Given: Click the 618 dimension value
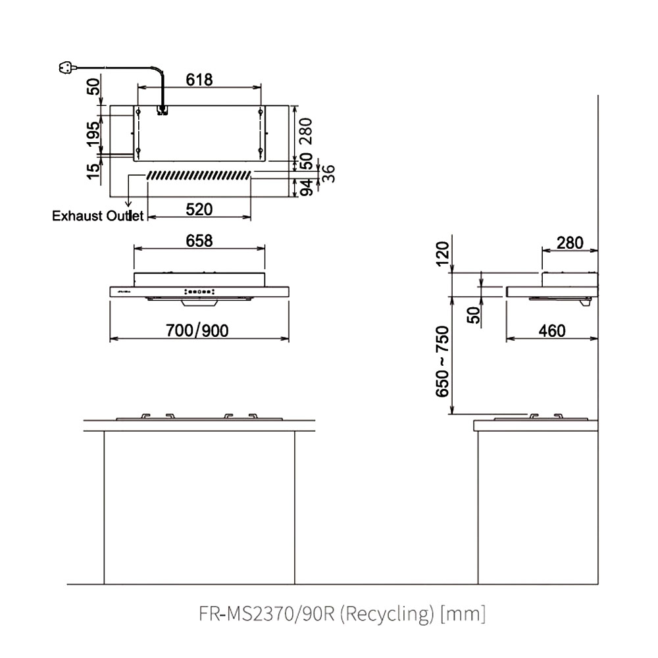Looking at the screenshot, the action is pos(199,80).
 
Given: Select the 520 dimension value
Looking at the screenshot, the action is pos(199,209).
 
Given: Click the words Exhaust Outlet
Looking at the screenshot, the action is pos(98,216).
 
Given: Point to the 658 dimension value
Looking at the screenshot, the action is pos(199,241).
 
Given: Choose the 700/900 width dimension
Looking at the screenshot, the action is pos(197,331).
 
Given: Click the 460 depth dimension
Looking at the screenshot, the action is pos(552,331).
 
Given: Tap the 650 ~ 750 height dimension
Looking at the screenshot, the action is pos(442,362).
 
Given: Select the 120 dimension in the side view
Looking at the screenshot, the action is pos(442,253).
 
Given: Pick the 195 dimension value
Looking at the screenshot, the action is pos(93,134).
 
